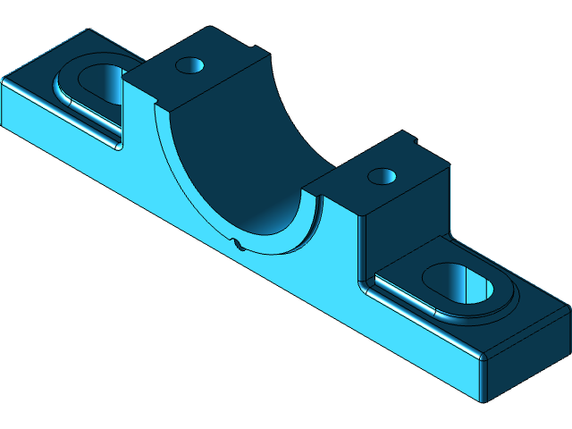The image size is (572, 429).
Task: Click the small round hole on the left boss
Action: click(x=189, y=65)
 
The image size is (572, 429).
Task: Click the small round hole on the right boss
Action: click(x=383, y=175)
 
